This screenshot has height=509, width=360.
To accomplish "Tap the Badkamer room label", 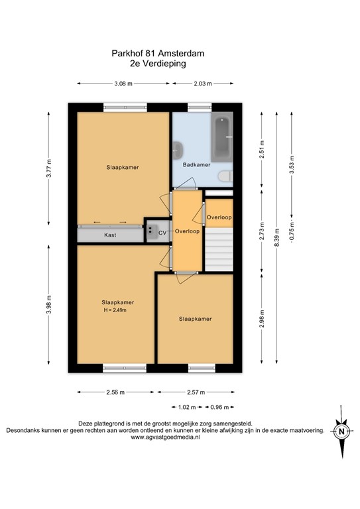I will (196, 165).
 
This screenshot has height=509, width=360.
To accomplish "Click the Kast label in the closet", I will (110, 235).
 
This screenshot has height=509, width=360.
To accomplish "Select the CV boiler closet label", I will (162, 232).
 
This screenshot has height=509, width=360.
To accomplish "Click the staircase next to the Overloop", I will (219, 249).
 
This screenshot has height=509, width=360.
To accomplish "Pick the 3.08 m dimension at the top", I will (123, 84).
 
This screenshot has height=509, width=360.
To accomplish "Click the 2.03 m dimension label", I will (202, 84).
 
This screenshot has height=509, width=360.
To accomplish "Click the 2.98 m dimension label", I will (262, 321).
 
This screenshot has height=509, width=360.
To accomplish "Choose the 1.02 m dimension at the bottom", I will (188, 408).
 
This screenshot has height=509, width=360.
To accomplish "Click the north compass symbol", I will (341, 432).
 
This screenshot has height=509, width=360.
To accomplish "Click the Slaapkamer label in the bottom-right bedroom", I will (196, 319).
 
